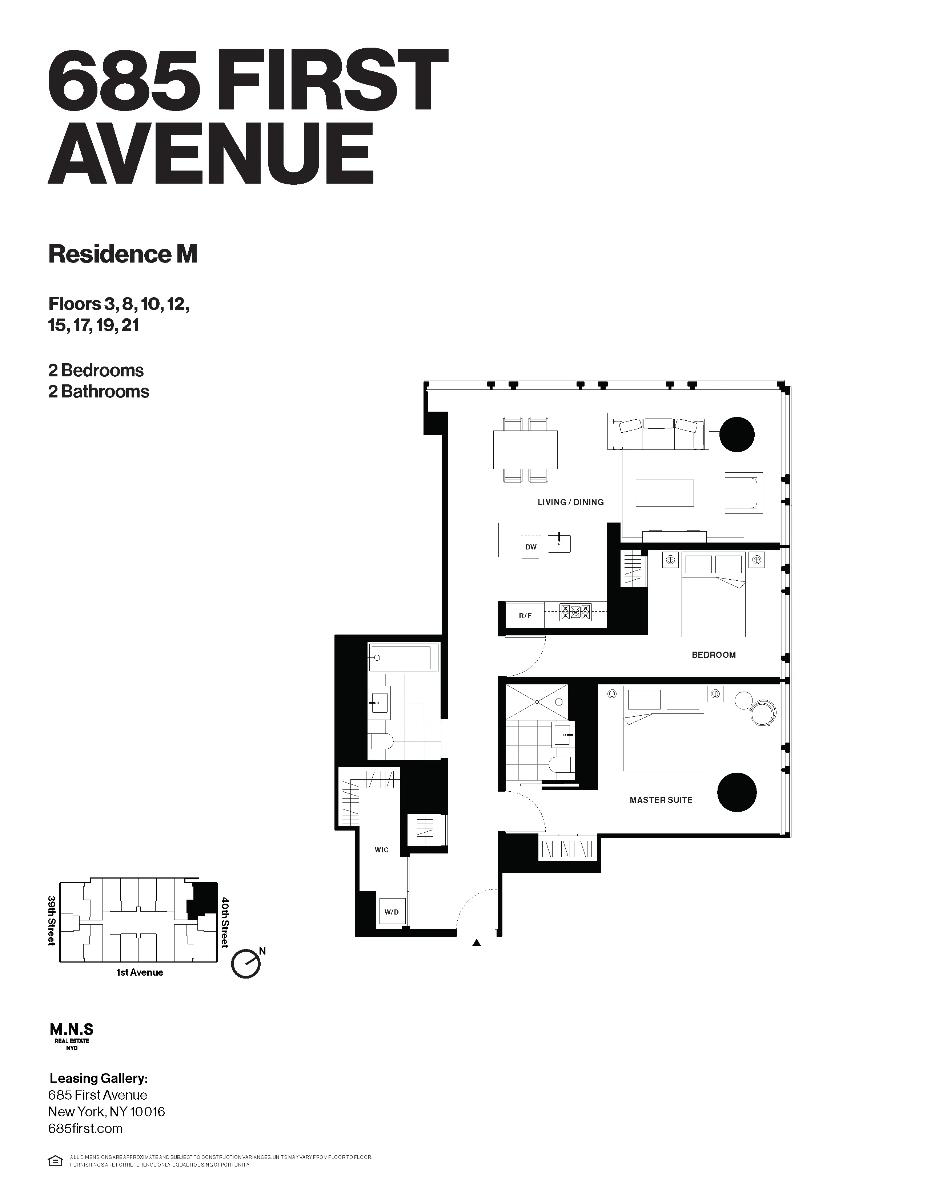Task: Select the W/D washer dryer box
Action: click(392, 912)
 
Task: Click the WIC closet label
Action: click(382, 850)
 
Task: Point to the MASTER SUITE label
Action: click(661, 800)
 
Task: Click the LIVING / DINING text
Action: click(571, 502)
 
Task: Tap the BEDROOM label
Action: click(713, 655)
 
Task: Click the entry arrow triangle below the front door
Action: click(477, 943)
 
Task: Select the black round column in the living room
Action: click(737, 435)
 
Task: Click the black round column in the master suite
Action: click(737, 792)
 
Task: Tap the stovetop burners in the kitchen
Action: click(575, 612)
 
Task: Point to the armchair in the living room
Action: click(743, 492)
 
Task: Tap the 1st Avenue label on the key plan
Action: click(140, 972)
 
